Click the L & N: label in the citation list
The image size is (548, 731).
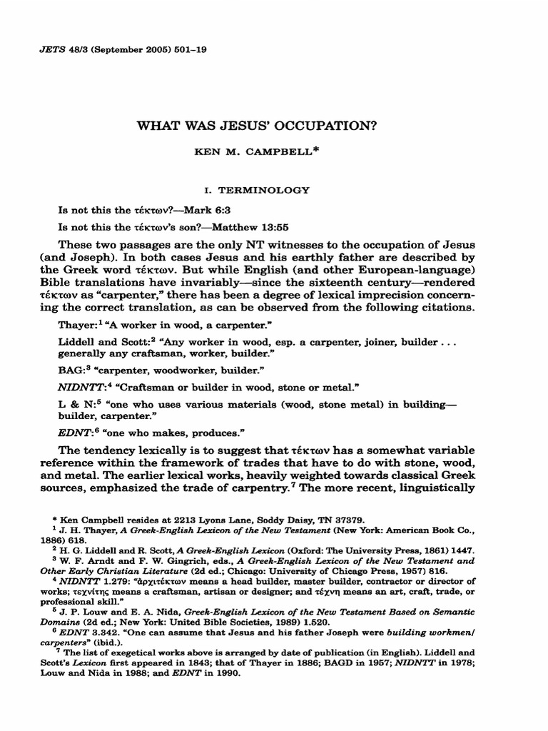pos(75,405)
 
